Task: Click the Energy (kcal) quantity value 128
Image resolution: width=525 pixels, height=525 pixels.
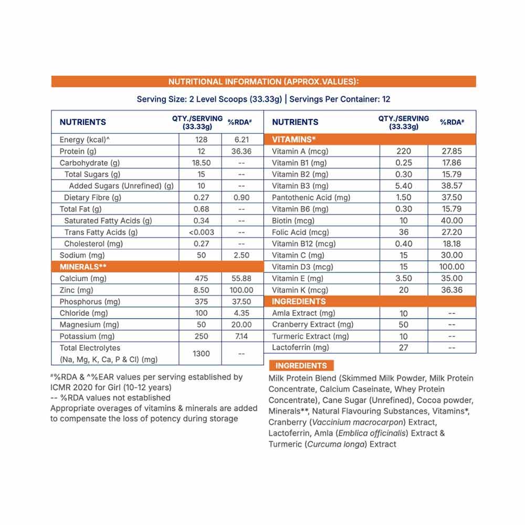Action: [201, 140]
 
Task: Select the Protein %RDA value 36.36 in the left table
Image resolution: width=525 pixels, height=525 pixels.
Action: [241, 151]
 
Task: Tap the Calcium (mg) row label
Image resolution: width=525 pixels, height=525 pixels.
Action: [83, 278]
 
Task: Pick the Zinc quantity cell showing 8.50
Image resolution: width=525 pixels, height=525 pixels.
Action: [201, 290]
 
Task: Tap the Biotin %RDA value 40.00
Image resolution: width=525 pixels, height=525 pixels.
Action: [453, 220]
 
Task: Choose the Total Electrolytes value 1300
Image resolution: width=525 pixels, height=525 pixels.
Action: [201, 353]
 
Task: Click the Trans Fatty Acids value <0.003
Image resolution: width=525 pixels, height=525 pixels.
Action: [201, 232]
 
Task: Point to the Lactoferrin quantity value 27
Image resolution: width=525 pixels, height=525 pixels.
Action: [404, 348]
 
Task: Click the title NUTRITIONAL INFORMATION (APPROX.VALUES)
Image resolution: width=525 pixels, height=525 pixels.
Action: [264, 81]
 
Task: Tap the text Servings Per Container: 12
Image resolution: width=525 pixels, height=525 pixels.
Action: [340, 99]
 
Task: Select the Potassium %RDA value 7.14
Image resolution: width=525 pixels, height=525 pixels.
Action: [241, 336]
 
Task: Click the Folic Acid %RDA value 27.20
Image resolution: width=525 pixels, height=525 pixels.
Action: [453, 232]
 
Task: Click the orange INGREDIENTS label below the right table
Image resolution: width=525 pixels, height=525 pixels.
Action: [301, 366]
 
